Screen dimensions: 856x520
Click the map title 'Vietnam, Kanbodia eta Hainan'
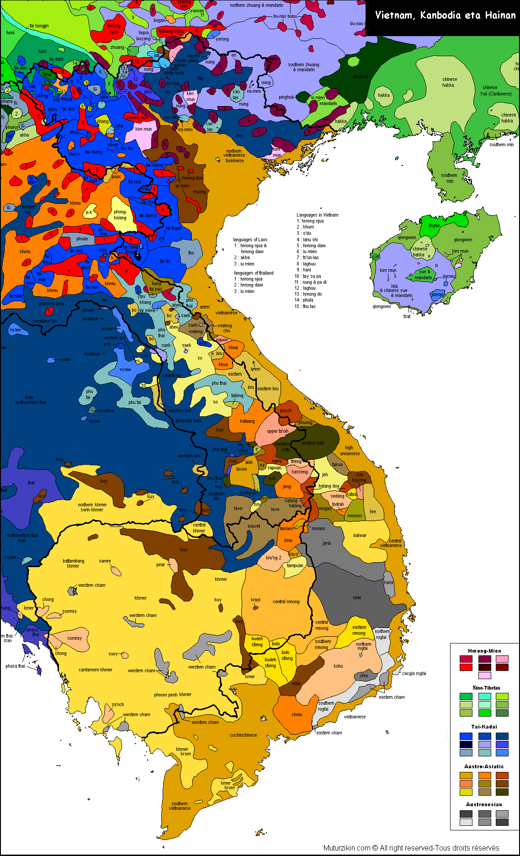tap(445, 16)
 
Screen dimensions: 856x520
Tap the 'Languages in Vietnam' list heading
tap(318, 215)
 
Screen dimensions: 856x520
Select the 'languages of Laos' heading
tap(250, 239)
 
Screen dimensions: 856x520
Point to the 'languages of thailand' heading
tap(254, 273)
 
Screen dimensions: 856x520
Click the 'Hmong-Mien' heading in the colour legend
tap(484, 651)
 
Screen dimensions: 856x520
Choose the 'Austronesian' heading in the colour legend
tap(484, 804)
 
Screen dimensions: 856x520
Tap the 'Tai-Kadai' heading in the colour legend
tap(484, 727)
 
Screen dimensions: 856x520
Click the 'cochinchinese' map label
tap(243, 735)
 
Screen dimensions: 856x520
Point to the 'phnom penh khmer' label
tap(173, 694)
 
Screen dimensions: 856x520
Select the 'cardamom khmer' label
tap(96, 670)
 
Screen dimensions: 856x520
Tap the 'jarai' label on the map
tap(326, 543)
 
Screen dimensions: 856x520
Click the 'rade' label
tap(357, 597)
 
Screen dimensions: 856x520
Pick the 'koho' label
tap(338, 666)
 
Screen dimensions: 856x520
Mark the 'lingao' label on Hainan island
tap(434, 225)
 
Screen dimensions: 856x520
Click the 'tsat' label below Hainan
tap(407, 316)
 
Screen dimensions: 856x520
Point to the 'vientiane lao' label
tap(45, 321)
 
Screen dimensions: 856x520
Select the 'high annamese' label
tap(350, 451)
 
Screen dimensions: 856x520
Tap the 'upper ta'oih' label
tap(278, 431)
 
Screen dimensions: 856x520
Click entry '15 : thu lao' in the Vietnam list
tap(305, 306)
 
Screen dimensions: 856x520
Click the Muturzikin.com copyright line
tap(411, 848)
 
